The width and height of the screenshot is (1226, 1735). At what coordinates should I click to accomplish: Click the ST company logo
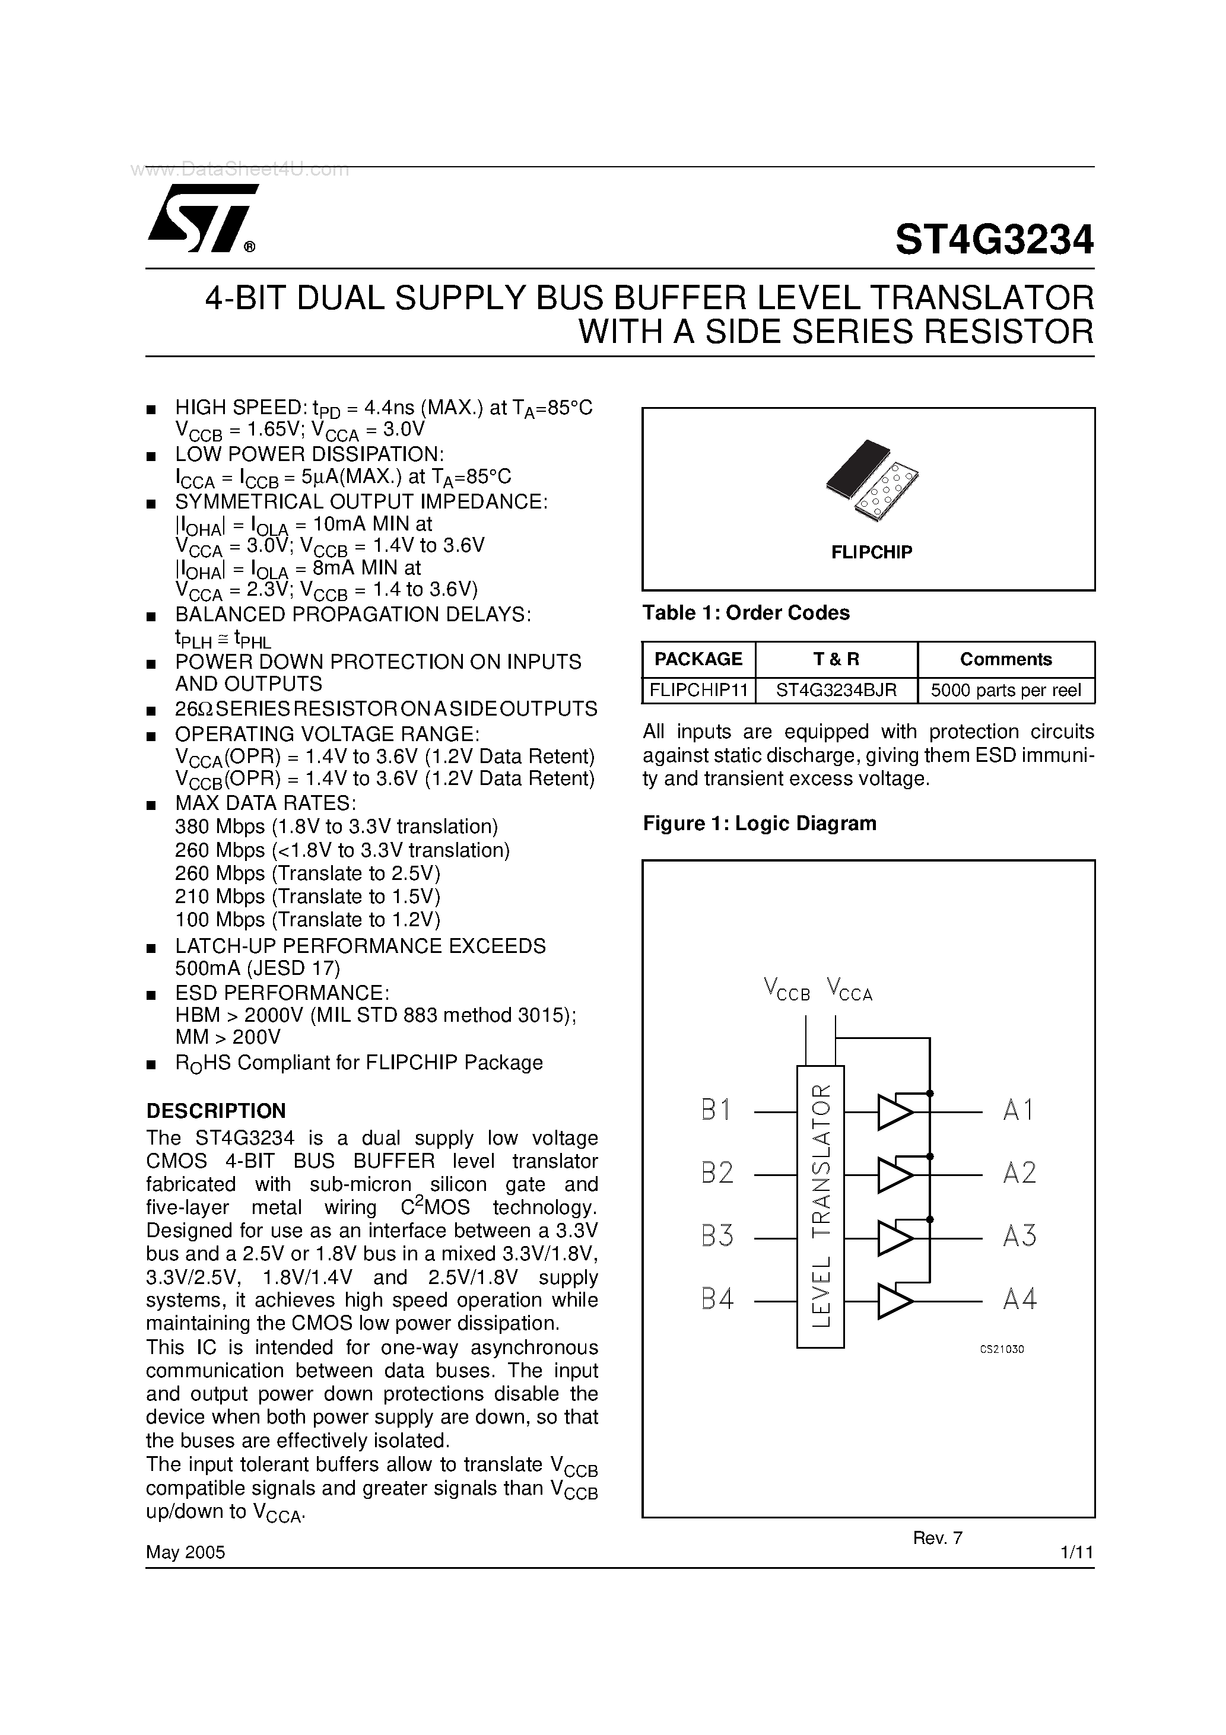tap(201, 218)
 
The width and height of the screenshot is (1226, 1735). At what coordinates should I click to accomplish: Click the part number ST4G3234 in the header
tap(993, 240)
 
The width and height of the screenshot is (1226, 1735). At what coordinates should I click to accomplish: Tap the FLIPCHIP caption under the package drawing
tap(872, 552)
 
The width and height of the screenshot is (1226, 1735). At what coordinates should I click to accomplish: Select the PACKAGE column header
tap(698, 659)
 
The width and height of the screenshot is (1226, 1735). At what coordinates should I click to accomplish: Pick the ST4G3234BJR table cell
tap(836, 690)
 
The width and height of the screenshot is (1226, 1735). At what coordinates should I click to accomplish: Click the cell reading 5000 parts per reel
tap(1005, 690)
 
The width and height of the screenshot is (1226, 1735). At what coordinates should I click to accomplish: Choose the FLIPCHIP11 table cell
tap(698, 690)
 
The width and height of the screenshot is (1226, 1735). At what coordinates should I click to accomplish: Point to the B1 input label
tap(716, 1110)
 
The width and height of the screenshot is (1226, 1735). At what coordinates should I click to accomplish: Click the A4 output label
tap(1019, 1299)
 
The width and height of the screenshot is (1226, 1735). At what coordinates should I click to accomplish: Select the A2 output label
tap(1019, 1173)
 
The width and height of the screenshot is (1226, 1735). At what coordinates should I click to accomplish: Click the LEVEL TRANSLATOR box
tap(820, 1206)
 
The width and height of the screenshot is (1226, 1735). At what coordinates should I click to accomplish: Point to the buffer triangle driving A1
tap(894, 1111)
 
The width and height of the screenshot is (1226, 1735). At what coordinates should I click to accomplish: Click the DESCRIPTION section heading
tap(215, 1111)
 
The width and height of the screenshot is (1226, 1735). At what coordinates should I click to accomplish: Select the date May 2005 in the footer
tap(185, 1552)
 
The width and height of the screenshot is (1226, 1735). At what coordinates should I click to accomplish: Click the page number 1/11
tap(1077, 1553)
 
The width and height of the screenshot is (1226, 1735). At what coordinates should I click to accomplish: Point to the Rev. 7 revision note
tap(937, 1538)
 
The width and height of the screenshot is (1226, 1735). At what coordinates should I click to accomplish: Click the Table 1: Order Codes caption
tap(745, 613)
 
